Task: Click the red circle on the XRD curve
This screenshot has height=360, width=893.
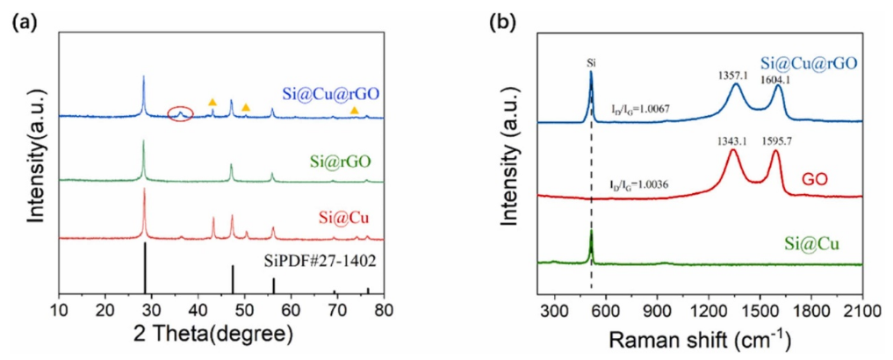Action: tap(180, 113)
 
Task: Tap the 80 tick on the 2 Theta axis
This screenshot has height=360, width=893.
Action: tap(383, 309)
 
